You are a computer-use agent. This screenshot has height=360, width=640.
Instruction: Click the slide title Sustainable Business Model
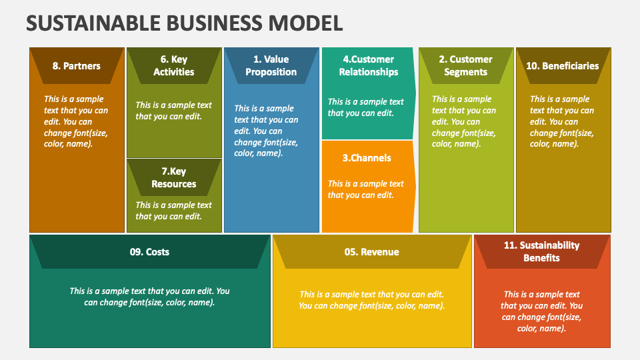(x=185, y=23)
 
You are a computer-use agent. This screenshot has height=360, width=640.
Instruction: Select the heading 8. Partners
(x=76, y=66)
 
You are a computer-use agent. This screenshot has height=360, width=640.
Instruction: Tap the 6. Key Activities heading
(x=174, y=65)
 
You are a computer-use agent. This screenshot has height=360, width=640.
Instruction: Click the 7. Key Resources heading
(x=174, y=177)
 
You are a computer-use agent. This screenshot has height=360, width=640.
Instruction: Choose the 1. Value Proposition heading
(x=271, y=65)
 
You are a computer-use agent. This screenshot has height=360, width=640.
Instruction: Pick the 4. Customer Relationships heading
(x=369, y=65)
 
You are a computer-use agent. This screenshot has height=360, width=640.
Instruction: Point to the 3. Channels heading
(x=367, y=158)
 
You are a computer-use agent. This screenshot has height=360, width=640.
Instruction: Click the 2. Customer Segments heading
(x=466, y=65)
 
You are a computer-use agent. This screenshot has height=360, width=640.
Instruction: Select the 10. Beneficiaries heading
(x=563, y=66)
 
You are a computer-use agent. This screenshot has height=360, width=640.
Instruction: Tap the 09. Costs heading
(x=149, y=252)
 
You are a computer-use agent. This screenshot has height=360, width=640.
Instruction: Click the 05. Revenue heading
(x=371, y=252)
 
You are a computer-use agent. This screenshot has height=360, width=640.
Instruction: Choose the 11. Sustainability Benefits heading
(x=541, y=251)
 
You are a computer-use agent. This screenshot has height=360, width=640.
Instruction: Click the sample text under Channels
(x=366, y=189)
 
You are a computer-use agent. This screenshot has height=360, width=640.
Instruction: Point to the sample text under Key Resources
(x=173, y=211)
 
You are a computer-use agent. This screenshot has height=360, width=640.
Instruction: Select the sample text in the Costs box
(x=149, y=297)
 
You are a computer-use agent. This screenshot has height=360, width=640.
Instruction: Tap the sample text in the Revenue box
(x=371, y=300)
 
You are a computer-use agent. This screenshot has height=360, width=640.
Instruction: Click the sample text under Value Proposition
(x=266, y=131)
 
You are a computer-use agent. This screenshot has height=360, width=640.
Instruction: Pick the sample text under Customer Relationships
(x=366, y=107)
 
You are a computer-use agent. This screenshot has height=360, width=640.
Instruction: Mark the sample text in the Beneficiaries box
(x=562, y=121)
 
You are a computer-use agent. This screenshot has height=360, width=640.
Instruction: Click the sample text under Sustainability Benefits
(x=541, y=311)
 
